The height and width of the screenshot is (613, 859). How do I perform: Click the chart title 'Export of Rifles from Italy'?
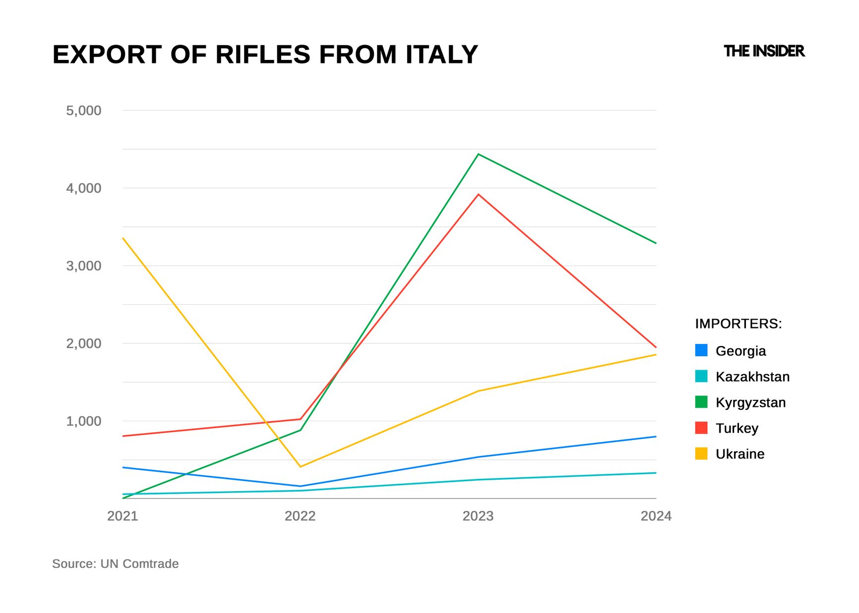pyautogui.click(x=265, y=55)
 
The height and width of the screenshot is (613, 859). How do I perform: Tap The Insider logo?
pyautogui.click(x=764, y=51)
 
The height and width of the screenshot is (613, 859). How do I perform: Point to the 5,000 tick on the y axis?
pyautogui.click(x=83, y=111)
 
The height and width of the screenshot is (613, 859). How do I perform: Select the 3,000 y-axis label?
pyautogui.click(x=83, y=266)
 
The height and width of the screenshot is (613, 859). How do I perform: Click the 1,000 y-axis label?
pyautogui.click(x=83, y=421)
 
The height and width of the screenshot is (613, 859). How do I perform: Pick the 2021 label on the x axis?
pyautogui.click(x=123, y=516)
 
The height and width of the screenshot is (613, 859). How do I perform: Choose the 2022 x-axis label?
pyautogui.click(x=300, y=516)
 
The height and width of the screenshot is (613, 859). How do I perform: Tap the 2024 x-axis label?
pyautogui.click(x=656, y=516)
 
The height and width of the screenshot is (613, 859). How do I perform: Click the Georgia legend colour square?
pyautogui.click(x=701, y=350)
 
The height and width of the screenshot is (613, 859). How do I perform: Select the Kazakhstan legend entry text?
pyautogui.click(x=752, y=377)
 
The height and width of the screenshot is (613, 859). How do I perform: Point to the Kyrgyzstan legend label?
pyautogui.click(x=750, y=402)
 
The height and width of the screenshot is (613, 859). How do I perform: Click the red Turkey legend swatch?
pyautogui.click(x=701, y=428)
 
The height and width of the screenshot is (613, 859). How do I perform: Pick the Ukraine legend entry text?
pyautogui.click(x=740, y=454)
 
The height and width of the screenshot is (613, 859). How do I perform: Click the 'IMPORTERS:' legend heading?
pyautogui.click(x=738, y=324)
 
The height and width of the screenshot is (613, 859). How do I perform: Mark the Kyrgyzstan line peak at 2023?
pyautogui.click(x=478, y=154)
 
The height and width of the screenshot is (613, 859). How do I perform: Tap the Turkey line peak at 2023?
pyautogui.click(x=478, y=194)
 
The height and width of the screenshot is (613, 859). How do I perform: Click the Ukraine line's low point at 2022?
pyautogui.click(x=300, y=467)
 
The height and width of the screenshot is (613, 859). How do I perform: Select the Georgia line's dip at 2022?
pyautogui.click(x=301, y=486)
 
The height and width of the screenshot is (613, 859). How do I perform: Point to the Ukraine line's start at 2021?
pyautogui.click(x=123, y=238)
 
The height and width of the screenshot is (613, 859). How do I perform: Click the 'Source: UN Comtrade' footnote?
pyautogui.click(x=115, y=564)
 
